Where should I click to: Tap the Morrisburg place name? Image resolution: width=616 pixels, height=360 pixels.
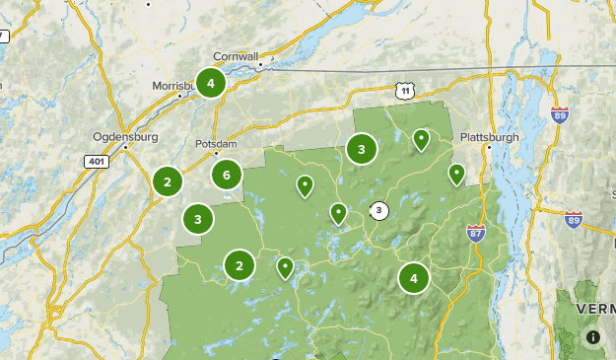point(175,86)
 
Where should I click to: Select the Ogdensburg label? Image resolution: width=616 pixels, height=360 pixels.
point(119,136)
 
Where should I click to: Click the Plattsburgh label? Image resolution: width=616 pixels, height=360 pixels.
point(489,137)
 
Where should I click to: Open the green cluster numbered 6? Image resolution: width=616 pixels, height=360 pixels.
point(227,176)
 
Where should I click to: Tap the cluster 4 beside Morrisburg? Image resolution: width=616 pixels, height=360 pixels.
point(210,84)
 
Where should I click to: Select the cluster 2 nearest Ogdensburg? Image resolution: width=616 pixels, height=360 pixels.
point(168,181)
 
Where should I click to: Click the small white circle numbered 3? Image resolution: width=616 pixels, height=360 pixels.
point(379,210)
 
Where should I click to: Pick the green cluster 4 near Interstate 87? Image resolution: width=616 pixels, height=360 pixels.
point(414,279)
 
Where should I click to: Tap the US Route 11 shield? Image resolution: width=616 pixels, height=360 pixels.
point(404,91)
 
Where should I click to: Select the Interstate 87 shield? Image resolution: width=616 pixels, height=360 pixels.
point(475,233)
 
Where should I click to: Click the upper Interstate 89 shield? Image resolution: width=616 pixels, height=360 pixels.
point(560,114)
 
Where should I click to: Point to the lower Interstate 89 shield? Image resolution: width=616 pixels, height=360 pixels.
point(574,219)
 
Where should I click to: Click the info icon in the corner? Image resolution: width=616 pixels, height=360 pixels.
point(593,337)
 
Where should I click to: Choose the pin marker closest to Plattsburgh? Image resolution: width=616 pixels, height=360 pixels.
point(456,175)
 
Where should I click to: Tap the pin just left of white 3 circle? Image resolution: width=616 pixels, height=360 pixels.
point(338,212)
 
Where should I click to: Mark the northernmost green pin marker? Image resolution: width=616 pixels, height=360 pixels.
point(421,139)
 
